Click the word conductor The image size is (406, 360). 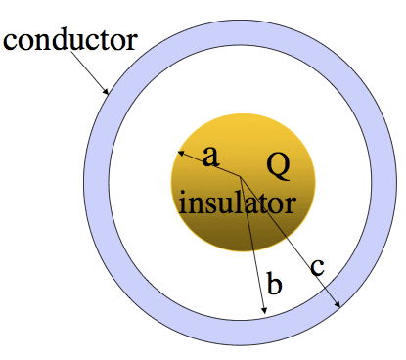click(70, 40)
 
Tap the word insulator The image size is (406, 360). click(238, 202)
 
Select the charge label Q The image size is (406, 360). click(278, 166)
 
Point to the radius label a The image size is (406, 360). click(210, 157)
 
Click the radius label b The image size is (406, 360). click(274, 283)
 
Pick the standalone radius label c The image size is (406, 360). click(317, 267)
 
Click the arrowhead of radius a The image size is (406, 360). click(180, 153)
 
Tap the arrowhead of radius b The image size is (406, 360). click(264, 310)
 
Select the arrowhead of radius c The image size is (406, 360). click(338, 304)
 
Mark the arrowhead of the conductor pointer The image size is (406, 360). click(106, 91)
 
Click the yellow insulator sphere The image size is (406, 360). click(243, 182)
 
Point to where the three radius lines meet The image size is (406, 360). click(241, 177)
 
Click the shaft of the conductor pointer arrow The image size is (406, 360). click(88, 71)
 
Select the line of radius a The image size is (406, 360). click(208, 164)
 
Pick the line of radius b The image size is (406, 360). click(252, 246)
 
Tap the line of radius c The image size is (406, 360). click(291, 242)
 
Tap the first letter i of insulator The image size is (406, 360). click(182, 202)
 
